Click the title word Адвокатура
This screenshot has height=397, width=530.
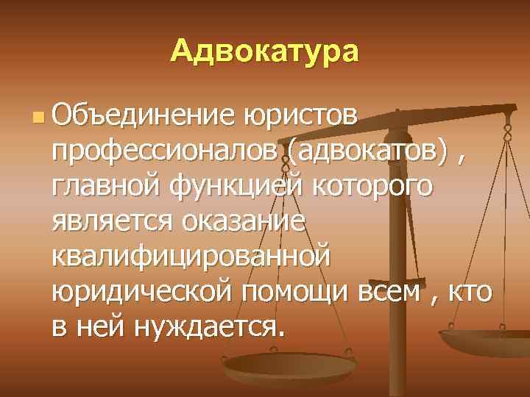point(265,52)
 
